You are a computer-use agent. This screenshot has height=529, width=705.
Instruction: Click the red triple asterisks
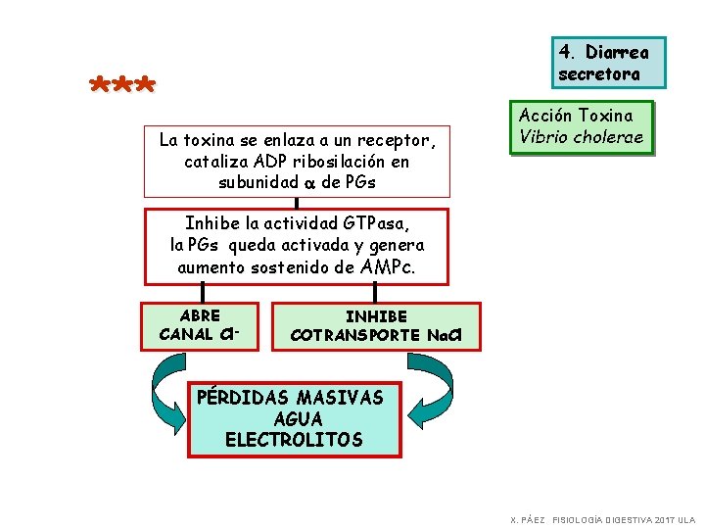tap(121, 85)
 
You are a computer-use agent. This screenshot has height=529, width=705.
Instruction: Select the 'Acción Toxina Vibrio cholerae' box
tap(582, 127)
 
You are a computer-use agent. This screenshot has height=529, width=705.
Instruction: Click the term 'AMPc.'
tap(388, 266)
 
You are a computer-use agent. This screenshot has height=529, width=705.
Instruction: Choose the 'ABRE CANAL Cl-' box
tap(201, 325)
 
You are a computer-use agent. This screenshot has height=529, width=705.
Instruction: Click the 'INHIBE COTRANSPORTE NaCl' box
tap(376, 326)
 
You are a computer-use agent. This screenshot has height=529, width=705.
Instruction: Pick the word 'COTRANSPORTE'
tap(356, 335)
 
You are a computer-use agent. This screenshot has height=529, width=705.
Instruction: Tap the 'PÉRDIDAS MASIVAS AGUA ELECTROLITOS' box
tap(294, 419)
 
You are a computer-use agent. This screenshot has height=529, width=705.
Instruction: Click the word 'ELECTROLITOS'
tap(294, 440)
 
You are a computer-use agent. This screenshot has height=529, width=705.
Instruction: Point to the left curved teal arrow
tap(168, 392)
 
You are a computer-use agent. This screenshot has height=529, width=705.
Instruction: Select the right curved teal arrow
tap(431, 392)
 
